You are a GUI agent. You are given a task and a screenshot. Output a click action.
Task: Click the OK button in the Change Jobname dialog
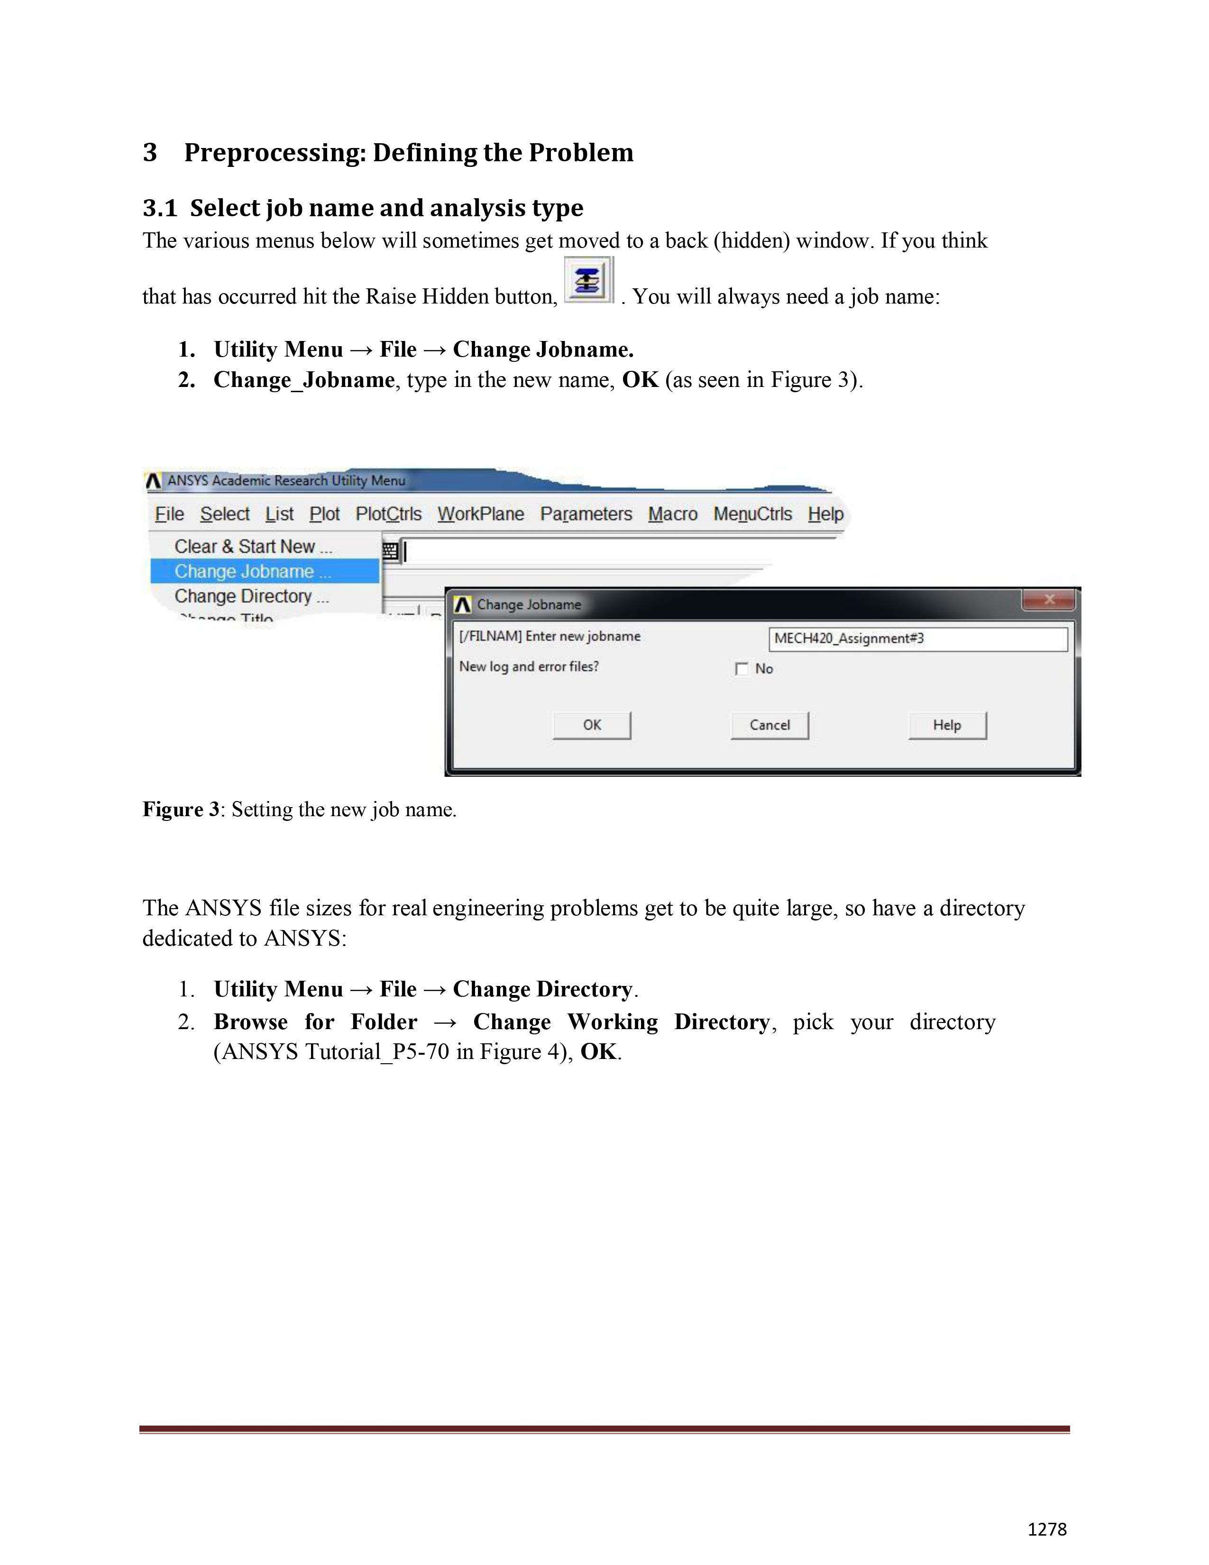592,725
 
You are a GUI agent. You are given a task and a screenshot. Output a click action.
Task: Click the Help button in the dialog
947,725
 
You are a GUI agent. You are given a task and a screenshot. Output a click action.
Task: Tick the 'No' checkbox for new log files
742,669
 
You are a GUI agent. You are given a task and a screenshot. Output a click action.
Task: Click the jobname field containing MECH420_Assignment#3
918,638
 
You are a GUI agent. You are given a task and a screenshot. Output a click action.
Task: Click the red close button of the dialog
1049,599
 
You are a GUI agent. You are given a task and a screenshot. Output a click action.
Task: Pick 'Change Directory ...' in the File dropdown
251,596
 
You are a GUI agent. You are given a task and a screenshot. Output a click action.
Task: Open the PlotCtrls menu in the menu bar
388,514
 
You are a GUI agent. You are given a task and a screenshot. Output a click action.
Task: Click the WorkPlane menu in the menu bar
481,514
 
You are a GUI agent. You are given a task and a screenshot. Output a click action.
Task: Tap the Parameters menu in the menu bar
586,514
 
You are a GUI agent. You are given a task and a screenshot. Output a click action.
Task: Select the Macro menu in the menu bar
673,514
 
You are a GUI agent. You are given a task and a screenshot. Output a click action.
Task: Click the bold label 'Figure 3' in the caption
181,810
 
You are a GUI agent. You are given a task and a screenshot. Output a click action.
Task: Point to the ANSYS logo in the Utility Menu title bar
153,481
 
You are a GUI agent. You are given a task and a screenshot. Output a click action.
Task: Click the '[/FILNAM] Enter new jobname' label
550,636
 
